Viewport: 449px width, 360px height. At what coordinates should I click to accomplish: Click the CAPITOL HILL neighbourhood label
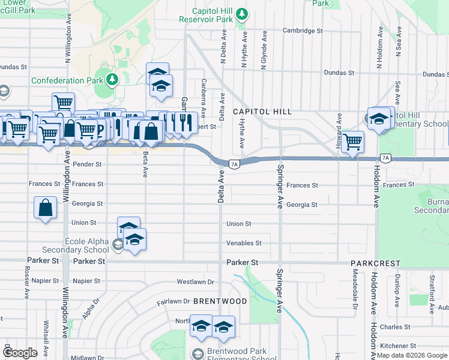(x=262, y=112)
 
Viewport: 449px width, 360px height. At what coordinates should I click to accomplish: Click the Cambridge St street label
(x=303, y=30)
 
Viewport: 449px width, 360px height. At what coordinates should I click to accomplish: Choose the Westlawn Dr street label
(x=195, y=281)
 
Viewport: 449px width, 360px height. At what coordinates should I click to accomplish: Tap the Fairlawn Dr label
(x=173, y=301)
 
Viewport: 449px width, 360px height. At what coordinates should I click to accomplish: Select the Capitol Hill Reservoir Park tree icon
(x=241, y=13)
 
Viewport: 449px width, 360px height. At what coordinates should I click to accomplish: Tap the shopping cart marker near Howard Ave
(x=354, y=142)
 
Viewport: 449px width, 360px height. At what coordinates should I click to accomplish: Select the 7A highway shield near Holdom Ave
(x=385, y=158)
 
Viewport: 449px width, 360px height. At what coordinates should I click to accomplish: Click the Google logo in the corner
(x=20, y=353)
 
